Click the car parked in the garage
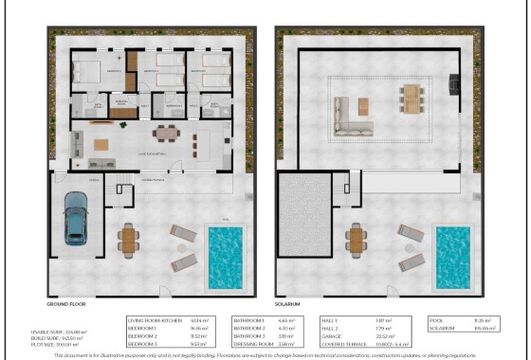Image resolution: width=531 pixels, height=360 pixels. click(76, 218)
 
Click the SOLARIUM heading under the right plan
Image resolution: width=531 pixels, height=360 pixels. click(288, 304)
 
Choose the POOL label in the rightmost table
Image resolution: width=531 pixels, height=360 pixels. click(437, 320)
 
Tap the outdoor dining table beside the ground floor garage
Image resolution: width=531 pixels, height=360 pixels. click(129, 239)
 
